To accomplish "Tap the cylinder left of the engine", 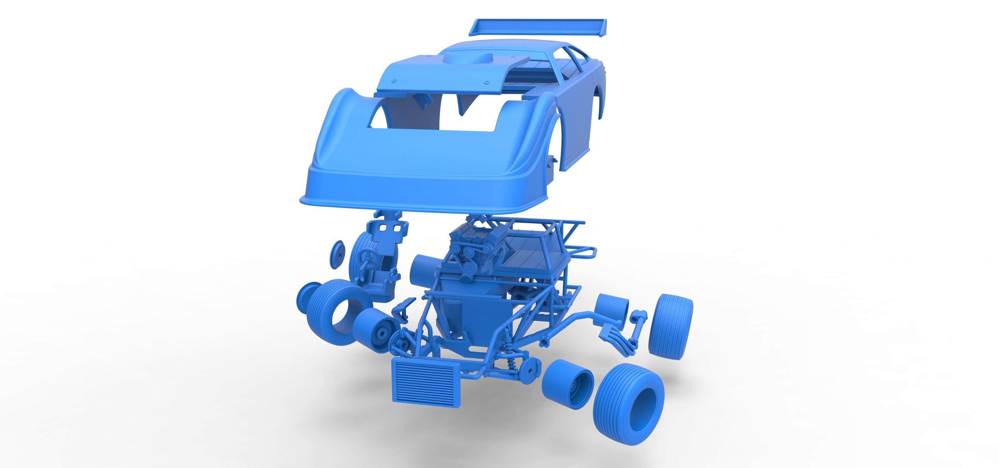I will click(423, 270).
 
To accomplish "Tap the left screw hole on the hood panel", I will click(394, 81).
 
